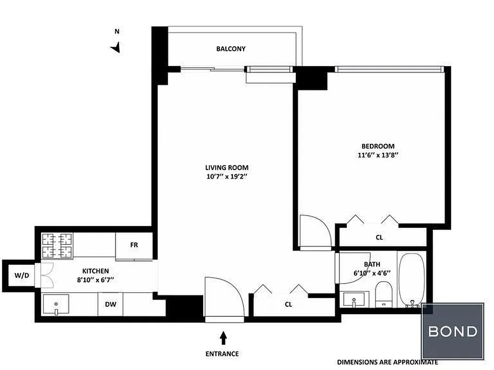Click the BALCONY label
tap(231, 49)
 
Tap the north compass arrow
tap(116, 47)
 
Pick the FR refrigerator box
tap(134, 245)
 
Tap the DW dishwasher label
tap(110, 304)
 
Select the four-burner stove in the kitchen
tap(58, 245)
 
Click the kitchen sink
tap(56, 305)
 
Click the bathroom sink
tap(355, 299)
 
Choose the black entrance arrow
tap(223, 338)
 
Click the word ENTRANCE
tap(222, 354)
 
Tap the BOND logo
tap(452, 331)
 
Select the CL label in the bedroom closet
tap(379, 237)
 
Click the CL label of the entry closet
tap(288, 304)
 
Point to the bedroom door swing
tap(315, 231)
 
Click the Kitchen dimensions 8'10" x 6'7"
tap(95, 279)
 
